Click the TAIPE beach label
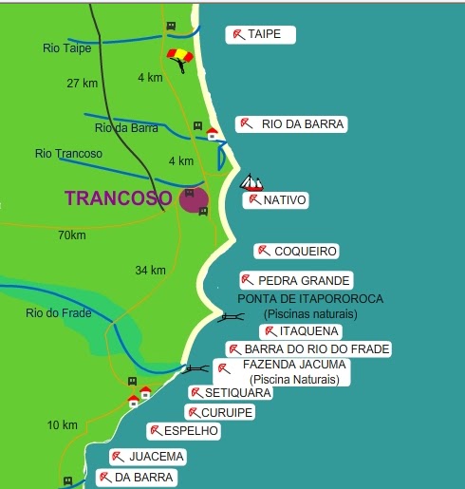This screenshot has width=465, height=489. [260, 35]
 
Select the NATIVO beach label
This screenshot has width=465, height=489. [276, 200]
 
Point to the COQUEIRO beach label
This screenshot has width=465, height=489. [296, 251]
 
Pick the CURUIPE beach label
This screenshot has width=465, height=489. [220, 412]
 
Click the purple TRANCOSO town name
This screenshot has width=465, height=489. [119, 198]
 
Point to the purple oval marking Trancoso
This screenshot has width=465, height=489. [194, 199]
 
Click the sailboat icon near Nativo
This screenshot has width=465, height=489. [251, 182]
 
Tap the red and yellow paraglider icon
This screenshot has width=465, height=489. [178, 59]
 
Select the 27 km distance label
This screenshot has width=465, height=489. [83, 84]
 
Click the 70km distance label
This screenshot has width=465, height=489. [71, 235]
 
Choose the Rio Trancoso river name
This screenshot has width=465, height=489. [68, 153]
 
